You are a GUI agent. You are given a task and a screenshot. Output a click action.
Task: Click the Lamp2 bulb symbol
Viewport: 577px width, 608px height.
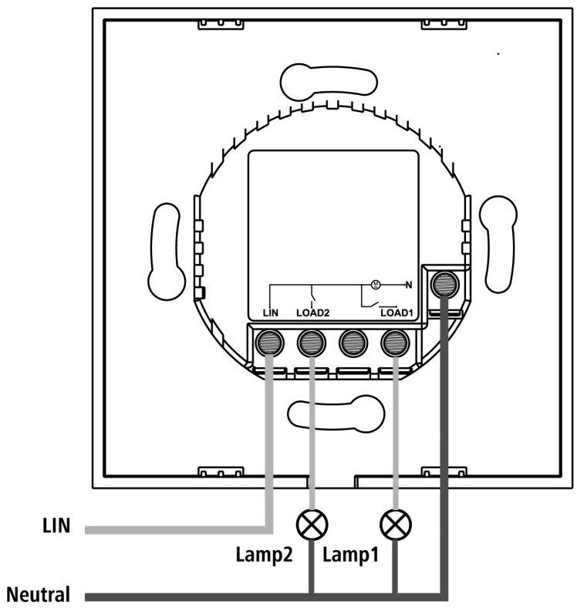coord(312,524)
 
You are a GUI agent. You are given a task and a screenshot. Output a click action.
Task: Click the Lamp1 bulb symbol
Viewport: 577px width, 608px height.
coord(396,524)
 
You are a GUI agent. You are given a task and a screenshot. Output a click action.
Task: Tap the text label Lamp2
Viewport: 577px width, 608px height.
coord(264,554)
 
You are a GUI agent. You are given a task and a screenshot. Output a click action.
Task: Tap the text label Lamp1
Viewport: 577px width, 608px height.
coord(350,554)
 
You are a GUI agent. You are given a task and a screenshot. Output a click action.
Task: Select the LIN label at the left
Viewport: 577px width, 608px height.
coord(56,525)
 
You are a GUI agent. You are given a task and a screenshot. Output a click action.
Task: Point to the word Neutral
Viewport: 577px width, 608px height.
coord(39,594)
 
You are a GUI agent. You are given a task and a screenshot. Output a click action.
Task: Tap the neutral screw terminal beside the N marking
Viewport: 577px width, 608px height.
coord(445,284)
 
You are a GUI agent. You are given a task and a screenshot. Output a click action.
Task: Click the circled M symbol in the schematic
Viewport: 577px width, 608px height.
coord(376,285)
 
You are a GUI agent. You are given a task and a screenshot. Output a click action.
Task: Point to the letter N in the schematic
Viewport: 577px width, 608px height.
coord(408,285)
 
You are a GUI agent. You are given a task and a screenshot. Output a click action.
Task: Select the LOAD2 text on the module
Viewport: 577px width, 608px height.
coord(313,313)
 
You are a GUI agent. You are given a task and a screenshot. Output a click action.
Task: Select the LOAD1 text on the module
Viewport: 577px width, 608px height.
coord(396,313)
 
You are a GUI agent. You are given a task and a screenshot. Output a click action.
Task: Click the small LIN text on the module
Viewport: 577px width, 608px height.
coord(270,313)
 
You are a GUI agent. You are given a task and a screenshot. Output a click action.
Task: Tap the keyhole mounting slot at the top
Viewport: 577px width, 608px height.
coord(329,82)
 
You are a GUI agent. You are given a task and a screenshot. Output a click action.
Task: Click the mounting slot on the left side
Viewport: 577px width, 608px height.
coord(167,252)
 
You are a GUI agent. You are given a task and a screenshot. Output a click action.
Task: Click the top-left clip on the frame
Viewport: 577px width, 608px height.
coord(221,23)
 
